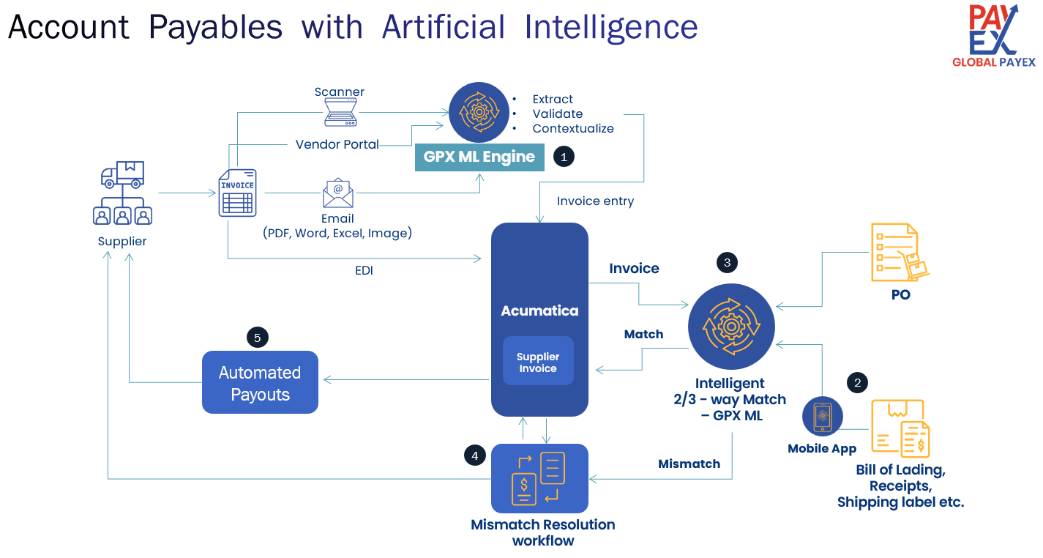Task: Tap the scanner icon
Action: coord(339,113)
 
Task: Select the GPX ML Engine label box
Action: coord(479,157)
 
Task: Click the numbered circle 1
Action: coord(564,156)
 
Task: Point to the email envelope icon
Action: coord(338,193)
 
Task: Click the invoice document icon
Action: coord(238,193)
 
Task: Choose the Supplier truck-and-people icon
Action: coord(122,193)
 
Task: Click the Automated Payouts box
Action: coord(260,383)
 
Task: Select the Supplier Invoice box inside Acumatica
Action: coord(538,362)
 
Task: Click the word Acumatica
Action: coord(539,310)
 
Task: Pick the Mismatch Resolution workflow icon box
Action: coord(539,478)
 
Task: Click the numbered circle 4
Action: coord(475,455)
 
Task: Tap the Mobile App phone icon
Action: coord(822,416)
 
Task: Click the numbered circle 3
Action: coord(727,261)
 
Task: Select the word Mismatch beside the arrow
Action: coord(689,464)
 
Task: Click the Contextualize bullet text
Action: coord(573,129)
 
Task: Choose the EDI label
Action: coord(364,270)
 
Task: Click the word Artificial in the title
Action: coord(444,28)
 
